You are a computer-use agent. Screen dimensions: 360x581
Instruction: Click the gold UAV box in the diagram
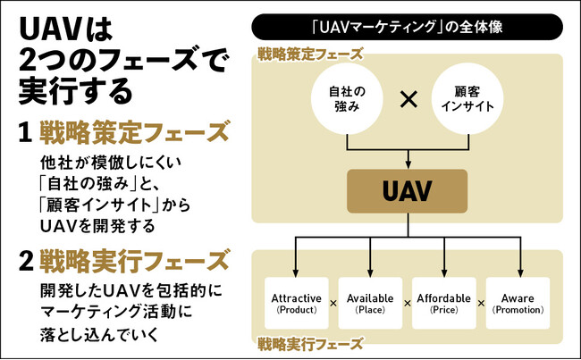pos(408,190)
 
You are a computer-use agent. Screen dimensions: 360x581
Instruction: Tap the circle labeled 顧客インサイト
pos(467,99)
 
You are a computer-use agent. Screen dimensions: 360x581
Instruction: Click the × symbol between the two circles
pos(408,99)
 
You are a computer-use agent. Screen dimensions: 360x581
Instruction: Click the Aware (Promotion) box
pos(518,303)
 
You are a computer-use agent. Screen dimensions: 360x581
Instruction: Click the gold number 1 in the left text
pos(25,133)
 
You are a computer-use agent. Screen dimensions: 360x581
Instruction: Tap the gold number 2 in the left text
pos(25,261)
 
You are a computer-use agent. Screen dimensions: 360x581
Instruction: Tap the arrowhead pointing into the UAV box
pos(408,164)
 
